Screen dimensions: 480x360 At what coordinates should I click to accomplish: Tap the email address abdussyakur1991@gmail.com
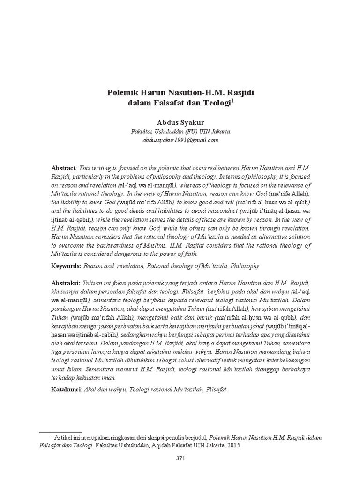(x=180, y=140)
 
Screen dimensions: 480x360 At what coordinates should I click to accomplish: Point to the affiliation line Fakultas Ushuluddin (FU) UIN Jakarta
(x=180, y=131)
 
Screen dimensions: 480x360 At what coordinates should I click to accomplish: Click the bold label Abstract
(x=63, y=168)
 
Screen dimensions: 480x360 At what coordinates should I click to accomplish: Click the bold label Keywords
(x=66, y=266)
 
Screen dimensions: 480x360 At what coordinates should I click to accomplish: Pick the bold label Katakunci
(x=66, y=389)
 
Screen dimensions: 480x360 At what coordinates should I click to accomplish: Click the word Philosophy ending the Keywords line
(x=244, y=266)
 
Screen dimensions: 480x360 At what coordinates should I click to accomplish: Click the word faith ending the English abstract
(x=191, y=254)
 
